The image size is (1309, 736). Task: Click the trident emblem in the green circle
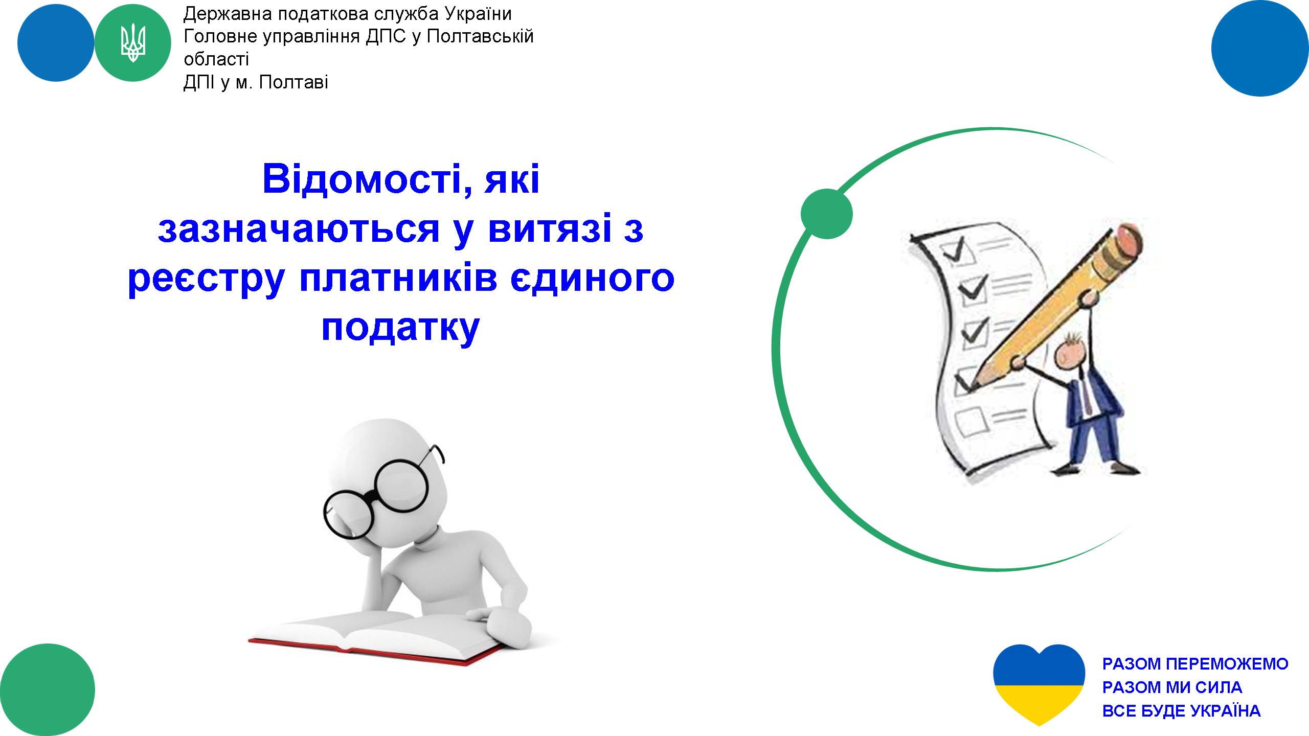pos(133,43)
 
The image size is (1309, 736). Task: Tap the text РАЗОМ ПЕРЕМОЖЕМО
pos(1195,663)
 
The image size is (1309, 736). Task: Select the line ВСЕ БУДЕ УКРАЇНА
pos(1182,710)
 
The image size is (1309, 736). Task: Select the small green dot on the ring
pos(827,214)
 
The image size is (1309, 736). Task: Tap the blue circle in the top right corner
pos(1260,48)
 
